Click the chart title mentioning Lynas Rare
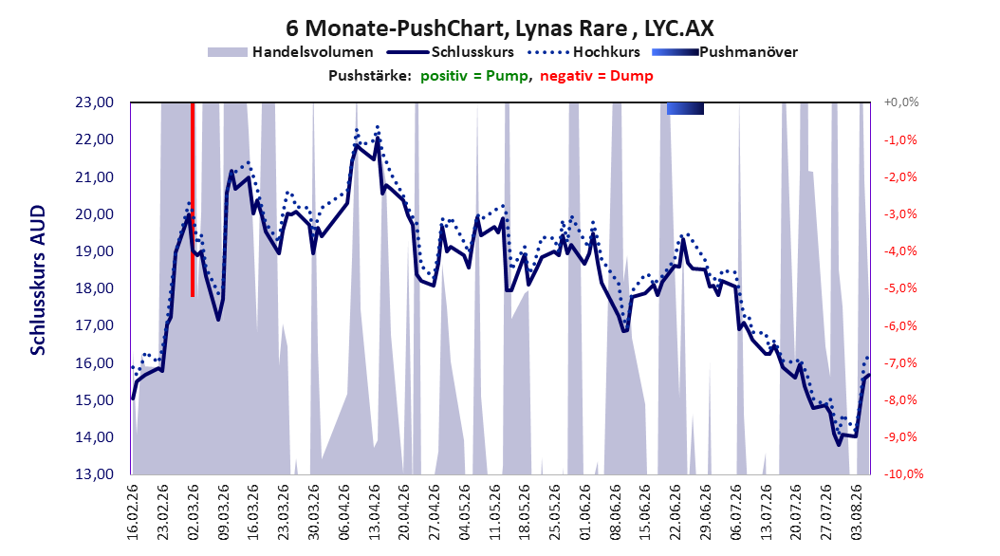[499, 28]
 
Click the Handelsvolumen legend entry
[290, 52]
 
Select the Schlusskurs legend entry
[451, 52]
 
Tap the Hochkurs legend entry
[583, 52]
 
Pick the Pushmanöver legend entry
[725, 52]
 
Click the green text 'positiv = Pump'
[473, 76]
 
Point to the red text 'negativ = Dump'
[597, 76]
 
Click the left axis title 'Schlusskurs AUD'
[38, 280]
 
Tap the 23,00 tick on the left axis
[94, 102]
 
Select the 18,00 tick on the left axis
[94, 288]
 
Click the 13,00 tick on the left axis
[94, 474]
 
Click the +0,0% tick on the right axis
[900, 102]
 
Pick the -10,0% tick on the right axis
[903, 474]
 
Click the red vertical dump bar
[192, 199]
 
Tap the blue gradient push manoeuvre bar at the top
[685, 108]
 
